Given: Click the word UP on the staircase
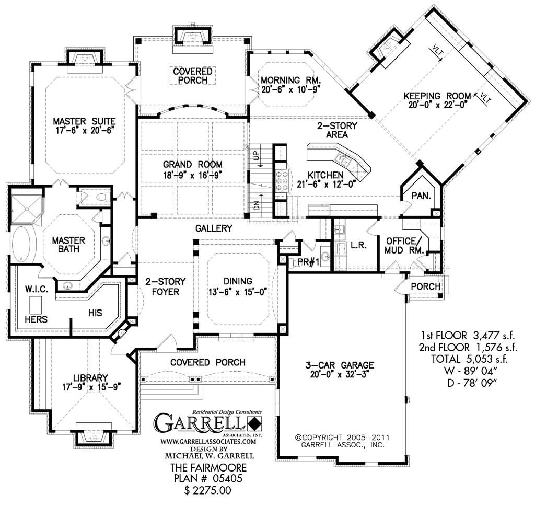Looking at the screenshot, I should pyautogui.click(x=255, y=156).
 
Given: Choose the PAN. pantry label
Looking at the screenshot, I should pyautogui.click(x=421, y=196).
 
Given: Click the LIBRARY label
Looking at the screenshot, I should pyautogui.click(x=90, y=377).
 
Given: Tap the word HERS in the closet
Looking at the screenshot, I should pyautogui.click(x=36, y=319).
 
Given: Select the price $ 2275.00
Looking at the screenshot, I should pyautogui.click(x=208, y=491).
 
